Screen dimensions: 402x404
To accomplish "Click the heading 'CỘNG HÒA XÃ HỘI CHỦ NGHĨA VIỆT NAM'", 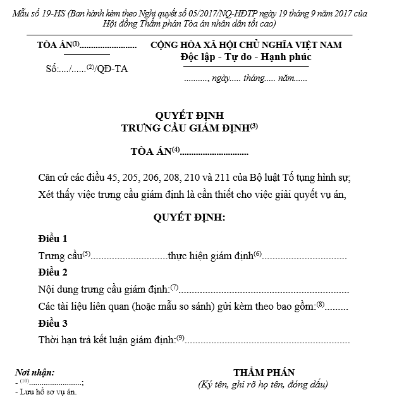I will [246, 46].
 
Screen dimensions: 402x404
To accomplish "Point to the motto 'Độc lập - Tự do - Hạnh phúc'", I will [245, 58].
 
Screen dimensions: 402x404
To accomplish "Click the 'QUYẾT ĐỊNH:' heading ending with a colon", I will [189, 218].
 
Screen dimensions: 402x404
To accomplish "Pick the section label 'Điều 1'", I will [52, 239].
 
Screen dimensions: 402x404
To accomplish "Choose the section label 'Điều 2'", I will [52, 272].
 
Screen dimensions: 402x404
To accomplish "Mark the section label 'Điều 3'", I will [52, 323].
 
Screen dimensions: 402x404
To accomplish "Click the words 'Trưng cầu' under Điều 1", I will [60, 256].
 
